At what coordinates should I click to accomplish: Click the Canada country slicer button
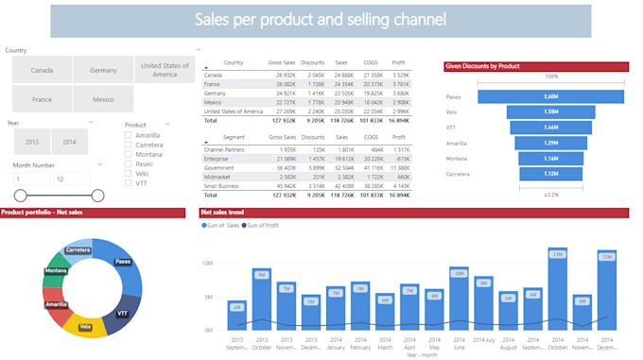(x=41, y=70)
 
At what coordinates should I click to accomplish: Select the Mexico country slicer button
(x=103, y=99)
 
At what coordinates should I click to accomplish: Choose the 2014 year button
(x=69, y=141)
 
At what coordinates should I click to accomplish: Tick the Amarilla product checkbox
(x=129, y=136)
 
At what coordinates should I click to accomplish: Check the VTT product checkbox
(x=129, y=182)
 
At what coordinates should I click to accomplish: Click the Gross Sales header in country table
(x=282, y=61)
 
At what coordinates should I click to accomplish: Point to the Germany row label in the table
(x=217, y=94)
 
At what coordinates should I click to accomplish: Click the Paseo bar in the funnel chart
(x=536, y=95)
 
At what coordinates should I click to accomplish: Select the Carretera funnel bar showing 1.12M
(x=536, y=173)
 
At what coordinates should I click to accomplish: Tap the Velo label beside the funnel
(x=452, y=111)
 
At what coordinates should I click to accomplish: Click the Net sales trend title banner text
(x=222, y=214)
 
